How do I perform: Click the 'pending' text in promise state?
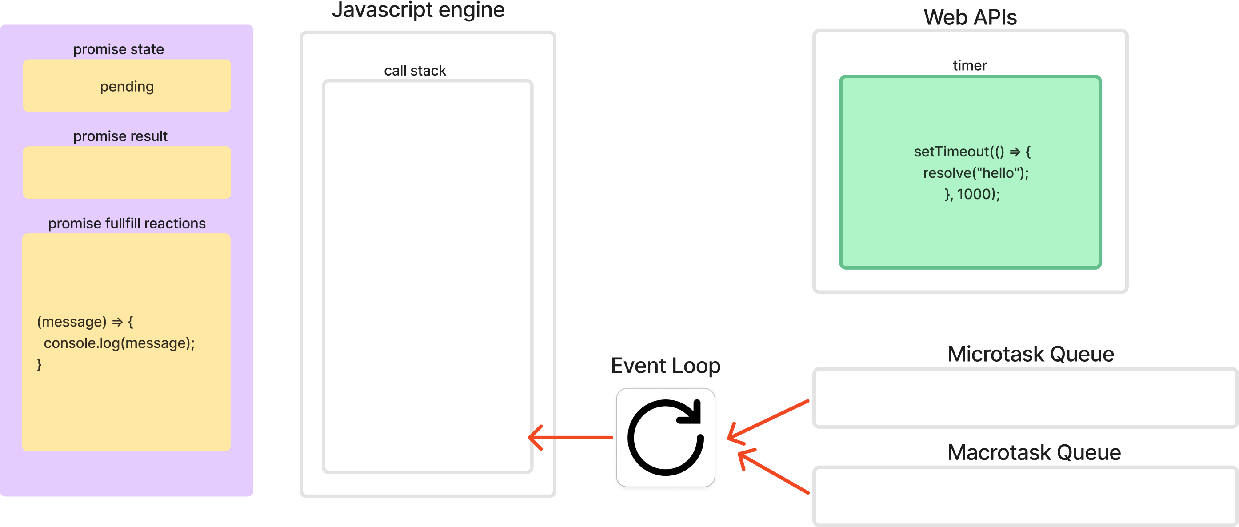127,87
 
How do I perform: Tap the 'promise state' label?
118,49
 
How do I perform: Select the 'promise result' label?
120,136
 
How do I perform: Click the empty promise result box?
127,172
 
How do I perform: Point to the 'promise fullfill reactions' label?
127,223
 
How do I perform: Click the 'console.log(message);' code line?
119,343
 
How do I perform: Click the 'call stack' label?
415,71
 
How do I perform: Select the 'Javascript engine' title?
418,10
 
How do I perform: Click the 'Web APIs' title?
970,17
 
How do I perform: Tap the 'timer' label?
970,65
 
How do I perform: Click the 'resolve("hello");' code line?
975,172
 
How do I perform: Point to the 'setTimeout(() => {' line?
972,152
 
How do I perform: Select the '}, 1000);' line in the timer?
972,194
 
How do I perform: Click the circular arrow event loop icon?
666,438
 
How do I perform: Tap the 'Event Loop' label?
665,366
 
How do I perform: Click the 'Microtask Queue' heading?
1030,355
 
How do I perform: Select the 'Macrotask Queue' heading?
1034,452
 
